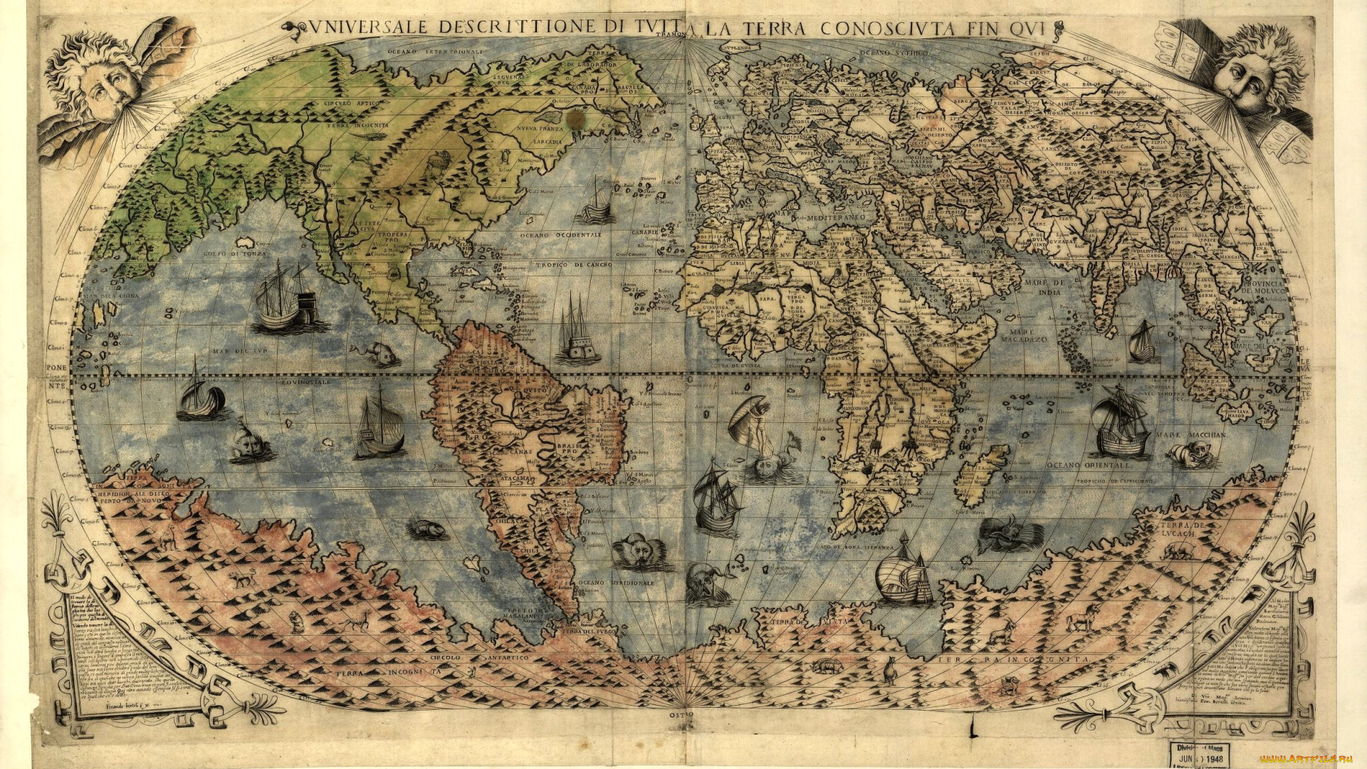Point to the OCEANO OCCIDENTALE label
pyautogui.click(x=560, y=235)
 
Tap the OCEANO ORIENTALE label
pyautogui.click(x=1089, y=464)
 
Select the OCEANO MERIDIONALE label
pyautogui.click(x=615, y=583)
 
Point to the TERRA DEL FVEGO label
pyautogui.click(x=587, y=632)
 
